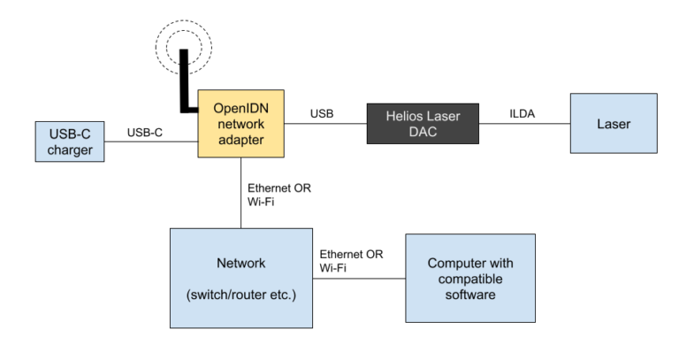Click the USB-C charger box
click(70, 142)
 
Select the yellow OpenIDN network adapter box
click(240, 124)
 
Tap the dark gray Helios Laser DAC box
click(423, 124)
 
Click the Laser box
click(614, 124)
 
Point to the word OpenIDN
click(240, 108)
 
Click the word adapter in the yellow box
click(240, 140)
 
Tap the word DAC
click(423, 132)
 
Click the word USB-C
click(70, 134)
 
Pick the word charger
click(70, 149)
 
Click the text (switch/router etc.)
click(241, 294)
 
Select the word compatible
click(470, 279)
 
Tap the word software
click(470, 294)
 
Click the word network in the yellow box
click(240, 124)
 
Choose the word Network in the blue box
click(240, 263)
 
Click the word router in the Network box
click(251, 294)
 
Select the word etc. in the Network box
click(283, 294)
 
